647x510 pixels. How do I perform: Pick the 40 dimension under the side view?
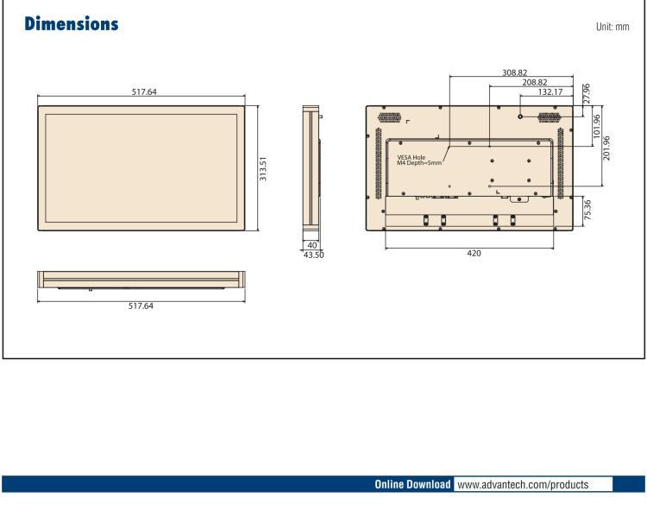pyautogui.click(x=311, y=246)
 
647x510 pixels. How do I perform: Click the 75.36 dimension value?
pyautogui.click(x=587, y=209)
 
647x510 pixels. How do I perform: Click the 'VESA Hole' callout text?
pyautogui.click(x=411, y=157)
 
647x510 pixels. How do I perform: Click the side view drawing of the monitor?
pyautogui.click(x=310, y=168)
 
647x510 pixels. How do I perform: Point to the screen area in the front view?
pyautogui.click(x=141, y=167)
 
